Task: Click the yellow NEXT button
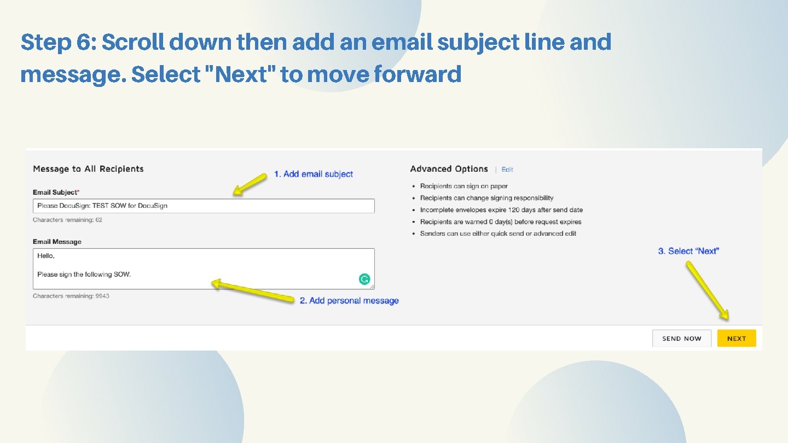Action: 736,339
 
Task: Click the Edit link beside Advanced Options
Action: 507,170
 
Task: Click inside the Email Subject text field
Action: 204,206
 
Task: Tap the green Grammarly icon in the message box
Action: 364,279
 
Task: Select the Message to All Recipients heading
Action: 88,169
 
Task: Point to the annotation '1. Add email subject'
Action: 314,174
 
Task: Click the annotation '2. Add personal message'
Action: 349,301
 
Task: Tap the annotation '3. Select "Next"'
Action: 688,251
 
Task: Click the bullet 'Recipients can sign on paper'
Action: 463,186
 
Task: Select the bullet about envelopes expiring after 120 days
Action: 501,210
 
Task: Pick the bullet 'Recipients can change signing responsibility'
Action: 486,198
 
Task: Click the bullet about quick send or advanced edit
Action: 498,234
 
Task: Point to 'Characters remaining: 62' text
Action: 67,220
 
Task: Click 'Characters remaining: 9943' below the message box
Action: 71,296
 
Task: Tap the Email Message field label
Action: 57,242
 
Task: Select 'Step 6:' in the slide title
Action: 58,42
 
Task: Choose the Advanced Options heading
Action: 449,169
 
